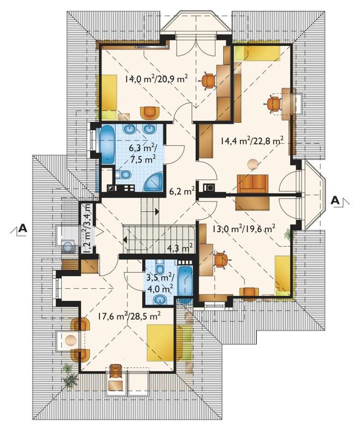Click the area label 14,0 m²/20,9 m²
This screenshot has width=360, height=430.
click(x=157, y=79)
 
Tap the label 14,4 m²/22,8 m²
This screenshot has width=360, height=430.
click(x=251, y=141)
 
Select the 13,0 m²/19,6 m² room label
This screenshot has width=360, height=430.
click(x=244, y=229)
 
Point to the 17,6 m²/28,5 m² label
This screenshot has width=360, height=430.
click(x=129, y=316)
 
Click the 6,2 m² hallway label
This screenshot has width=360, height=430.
click(x=182, y=191)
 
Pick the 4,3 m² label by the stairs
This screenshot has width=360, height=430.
click(x=179, y=248)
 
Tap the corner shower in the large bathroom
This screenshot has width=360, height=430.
click(x=153, y=182)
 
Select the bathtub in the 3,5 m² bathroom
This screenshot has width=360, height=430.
click(x=185, y=284)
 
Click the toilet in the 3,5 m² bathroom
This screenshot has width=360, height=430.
click(x=160, y=265)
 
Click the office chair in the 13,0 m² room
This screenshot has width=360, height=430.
click(x=221, y=259)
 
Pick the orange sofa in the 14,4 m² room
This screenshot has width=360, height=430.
click(x=253, y=184)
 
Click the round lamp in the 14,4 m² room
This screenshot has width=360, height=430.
click(x=253, y=165)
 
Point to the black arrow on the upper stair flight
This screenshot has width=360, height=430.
click(x=157, y=211)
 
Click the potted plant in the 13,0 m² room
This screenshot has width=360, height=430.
click(x=288, y=234)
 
